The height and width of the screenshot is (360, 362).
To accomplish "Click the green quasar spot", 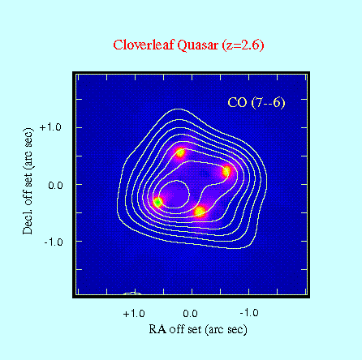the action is click(158, 202).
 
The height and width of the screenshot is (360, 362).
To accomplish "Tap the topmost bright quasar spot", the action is click(180, 152).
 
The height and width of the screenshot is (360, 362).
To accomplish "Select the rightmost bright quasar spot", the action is click(226, 171).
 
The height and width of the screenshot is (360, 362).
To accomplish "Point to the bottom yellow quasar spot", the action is click(200, 211).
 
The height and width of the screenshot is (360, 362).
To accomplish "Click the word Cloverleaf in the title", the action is click(144, 45).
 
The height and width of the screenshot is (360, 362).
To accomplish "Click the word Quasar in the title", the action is click(197, 45).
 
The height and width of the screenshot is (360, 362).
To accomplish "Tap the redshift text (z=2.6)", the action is click(243, 45).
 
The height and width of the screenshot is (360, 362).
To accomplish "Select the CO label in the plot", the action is click(237, 102).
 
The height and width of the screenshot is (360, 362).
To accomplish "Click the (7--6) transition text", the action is click(268, 103).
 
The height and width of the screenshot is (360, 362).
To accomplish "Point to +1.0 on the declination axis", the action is click(50, 127).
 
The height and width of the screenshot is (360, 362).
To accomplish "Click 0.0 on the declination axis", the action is click(55, 186).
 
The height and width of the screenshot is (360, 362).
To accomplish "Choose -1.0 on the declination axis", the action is click(53, 242).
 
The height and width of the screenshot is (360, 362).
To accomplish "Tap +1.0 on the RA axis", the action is click(134, 314).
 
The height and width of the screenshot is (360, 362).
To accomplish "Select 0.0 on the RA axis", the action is click(190, 314).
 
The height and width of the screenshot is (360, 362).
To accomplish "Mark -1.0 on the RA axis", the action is click(249, 313).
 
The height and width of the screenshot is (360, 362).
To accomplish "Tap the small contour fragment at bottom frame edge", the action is click(132, 293).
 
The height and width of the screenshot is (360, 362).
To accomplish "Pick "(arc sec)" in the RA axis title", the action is click(226, 330).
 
